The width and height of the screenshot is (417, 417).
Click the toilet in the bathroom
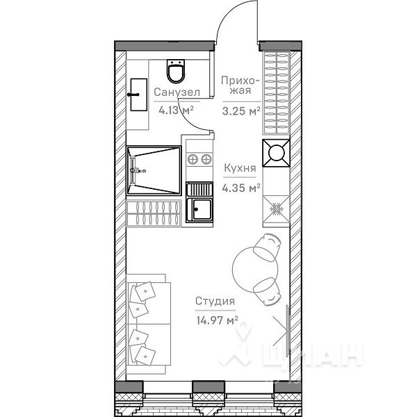(x=175, y=72)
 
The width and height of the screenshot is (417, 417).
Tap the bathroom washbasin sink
(x=138, y=95)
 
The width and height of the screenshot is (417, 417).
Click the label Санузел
(x=177, y=92)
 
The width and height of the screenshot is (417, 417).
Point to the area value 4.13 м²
(x=176, y=109)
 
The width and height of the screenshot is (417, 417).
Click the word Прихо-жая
(x=240, y=86)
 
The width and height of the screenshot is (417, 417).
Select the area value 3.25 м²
(x=240, y=110)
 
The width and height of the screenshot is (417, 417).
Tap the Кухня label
(x=240, y=168)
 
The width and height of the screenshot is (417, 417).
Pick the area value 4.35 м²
(x=240, y=186)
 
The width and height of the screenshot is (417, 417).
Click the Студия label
(x=214, y=302)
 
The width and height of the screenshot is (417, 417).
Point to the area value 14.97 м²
(x=216, y=320)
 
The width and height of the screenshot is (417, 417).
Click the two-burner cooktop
(x=199, y=159)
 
